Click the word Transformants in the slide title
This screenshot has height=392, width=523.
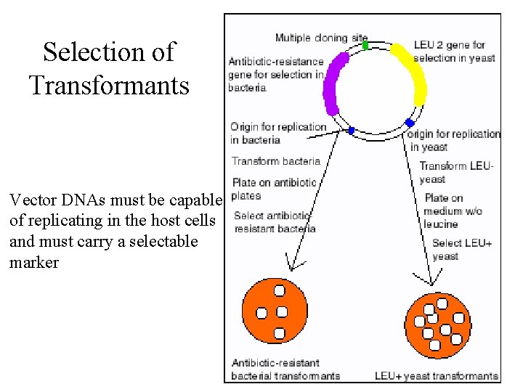coord(109,85)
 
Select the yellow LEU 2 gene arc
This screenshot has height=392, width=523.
coord(412,73)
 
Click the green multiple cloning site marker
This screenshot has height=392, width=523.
coord(365,45)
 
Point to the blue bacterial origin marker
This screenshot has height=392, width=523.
coord(352,131)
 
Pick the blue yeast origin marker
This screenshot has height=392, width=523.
coord(410,123)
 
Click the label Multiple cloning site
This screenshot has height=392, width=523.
coord(321,37)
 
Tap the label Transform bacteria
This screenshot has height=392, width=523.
coord(275,160)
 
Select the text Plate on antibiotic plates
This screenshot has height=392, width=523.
coord(274,189)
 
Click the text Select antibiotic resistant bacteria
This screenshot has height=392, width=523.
coord(275,221)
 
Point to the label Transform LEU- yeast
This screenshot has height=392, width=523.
coord(456,172)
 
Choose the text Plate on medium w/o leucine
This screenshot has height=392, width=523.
coord(452,211)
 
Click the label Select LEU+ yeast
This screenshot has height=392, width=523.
coord(461,249)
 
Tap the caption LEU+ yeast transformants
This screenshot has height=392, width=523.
coord(437,376)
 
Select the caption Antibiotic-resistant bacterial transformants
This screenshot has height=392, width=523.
coord(285,369)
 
